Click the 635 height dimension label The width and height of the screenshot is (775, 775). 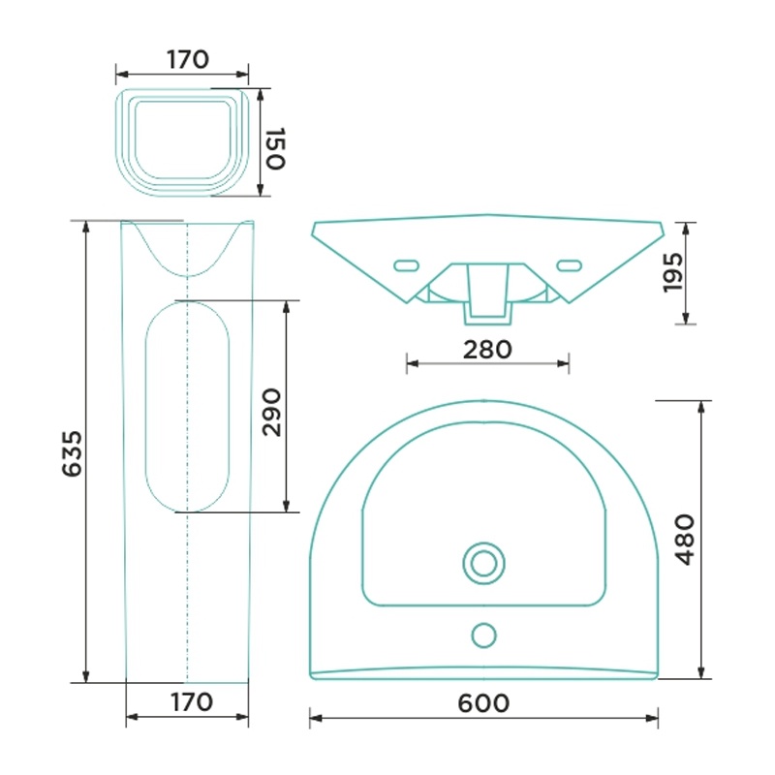tap(72, 453)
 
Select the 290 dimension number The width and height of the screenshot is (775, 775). tap(271, 413)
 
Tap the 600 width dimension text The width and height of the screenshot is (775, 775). tap(483, 703)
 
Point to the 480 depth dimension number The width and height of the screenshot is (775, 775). tap(685, 540)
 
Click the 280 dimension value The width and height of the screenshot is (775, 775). tap(487, 350)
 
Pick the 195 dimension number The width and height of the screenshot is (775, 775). tap(672, 272)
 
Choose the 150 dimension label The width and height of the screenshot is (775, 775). tap(275, 148)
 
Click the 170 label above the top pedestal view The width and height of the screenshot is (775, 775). tap(188, 59)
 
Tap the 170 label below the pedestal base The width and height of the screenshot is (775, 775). tap(192, 701)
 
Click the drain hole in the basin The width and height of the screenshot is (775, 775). tap(483, 563)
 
